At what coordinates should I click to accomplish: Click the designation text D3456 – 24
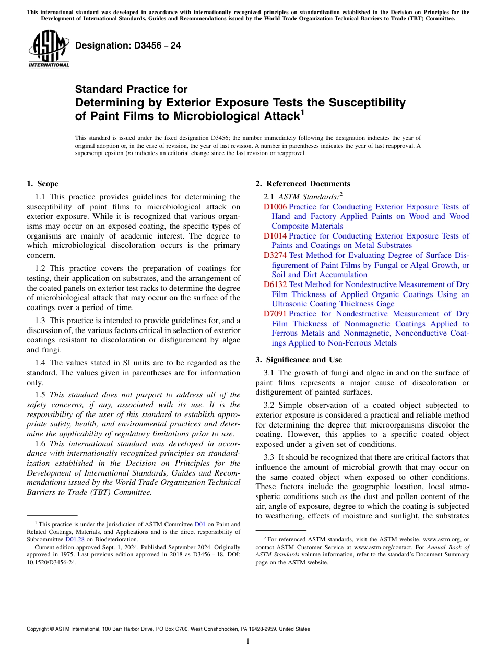(128, 45)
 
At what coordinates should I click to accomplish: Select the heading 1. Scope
(42, 184)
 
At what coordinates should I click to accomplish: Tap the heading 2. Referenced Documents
(303, 184)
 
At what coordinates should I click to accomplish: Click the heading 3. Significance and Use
(299, 360)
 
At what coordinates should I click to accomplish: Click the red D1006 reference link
(275, 207)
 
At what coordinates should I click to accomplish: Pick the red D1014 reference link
(275, 236)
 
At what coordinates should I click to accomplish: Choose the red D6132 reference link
(275, 284)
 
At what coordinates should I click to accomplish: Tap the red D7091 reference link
(275, 314)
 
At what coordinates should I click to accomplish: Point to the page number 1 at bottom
(248, 641)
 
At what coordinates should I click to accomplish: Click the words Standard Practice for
(131, 89)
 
